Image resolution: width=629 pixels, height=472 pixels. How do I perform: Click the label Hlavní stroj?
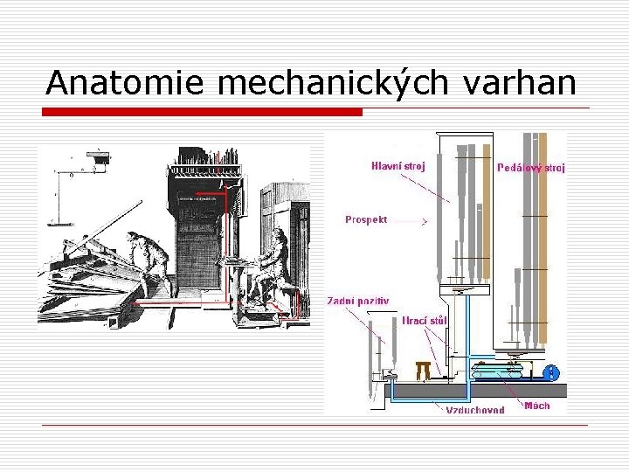tap(398, 166)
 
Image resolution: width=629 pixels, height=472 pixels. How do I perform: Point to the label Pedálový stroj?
tap(530, 167)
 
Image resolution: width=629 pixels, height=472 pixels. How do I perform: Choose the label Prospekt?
tap(366, 219)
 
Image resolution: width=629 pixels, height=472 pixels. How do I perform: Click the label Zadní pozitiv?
tap(358, 301)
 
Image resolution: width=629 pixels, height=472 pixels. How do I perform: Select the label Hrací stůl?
tap(425, 321)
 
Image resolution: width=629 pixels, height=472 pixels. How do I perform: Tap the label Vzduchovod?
tap(475, 410)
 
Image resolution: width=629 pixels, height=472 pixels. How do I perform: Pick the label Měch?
tap(537, 406)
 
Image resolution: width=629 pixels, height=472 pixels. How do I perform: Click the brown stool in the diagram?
tap(424, 370)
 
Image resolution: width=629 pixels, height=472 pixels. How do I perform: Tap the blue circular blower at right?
tap(551, 373)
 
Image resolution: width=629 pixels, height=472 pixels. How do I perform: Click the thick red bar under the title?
tap(204, 112)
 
